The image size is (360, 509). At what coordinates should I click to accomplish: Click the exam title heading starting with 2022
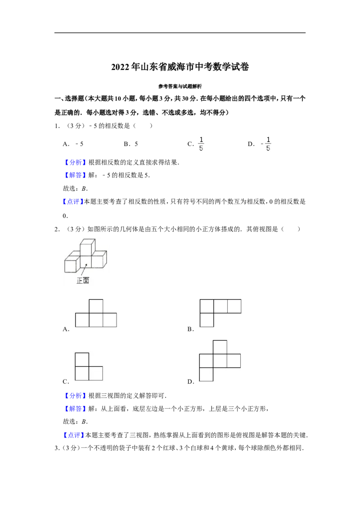pyautogui.click(x=180, y=67)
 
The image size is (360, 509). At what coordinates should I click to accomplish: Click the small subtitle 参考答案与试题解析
pyautogui.click(x=180, y=86)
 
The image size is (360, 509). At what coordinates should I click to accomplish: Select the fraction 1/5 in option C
pyautogui.click(x=201, y=144)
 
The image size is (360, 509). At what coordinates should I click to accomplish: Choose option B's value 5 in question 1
pyautogui.click(x=136, y=144)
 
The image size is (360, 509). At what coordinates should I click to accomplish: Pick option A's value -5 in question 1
pyautogui.click(x=79, y=144)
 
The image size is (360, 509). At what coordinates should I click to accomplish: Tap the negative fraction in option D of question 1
pyautogui.click(x=266, y=144)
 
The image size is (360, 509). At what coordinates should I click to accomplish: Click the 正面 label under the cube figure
pyautogui.click(x=83, y=281)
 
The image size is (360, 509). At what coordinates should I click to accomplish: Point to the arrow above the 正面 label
pyautogui.click(x=84, y=269)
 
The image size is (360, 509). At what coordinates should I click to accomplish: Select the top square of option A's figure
pyautogui.click(x=96, y=306)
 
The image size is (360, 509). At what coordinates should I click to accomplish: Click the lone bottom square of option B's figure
pyautogui.click(x=207, y=320)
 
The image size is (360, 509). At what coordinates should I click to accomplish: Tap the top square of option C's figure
pyautogui.click(x=82, y=360)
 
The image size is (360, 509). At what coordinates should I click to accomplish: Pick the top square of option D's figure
pyautogui.click(x=220, y=347)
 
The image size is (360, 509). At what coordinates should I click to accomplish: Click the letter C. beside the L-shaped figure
pyautogui.click(x=66, y=382)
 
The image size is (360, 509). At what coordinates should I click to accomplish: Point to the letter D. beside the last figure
pyautogui.click(x=191, y=382)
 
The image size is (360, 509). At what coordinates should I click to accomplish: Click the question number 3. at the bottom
pyautogui.click(x=57, y=448)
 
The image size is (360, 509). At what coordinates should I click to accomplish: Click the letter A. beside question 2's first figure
pyautogui.click(x=66, y=329)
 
